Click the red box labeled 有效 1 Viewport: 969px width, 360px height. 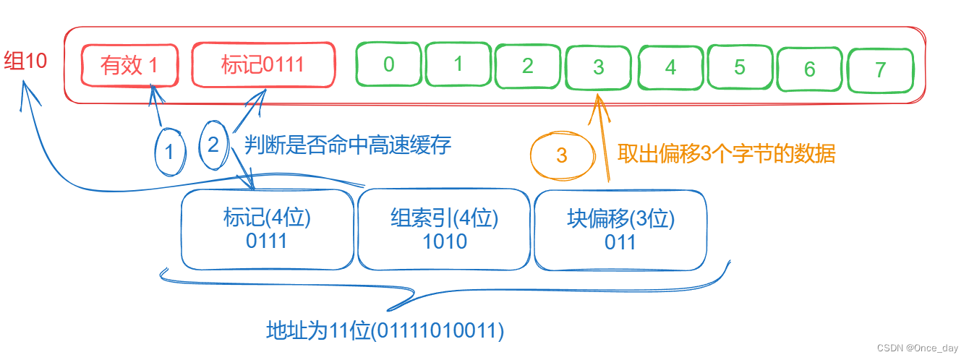point(130,66)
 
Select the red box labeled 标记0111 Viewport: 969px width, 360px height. point(263,65)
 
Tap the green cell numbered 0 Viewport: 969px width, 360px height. point(388,65)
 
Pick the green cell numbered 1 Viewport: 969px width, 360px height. point(458,64)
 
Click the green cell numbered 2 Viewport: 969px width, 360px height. point(527,67)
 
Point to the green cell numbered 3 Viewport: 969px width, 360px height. point(598,68)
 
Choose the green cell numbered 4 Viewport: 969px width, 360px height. point(670,68)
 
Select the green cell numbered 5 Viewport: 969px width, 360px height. point(739,68)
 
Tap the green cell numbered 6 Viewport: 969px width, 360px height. point(809,69)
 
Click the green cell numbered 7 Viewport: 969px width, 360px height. point(879,70)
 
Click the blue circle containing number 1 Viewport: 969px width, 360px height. point(170,153)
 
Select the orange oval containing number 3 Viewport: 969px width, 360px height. point(562,155)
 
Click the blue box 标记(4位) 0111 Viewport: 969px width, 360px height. point(267,229)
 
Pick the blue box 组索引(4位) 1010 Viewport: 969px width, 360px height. point(444,229)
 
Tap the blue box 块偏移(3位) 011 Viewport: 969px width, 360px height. point(620,229)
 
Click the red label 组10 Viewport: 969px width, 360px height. point(25,61)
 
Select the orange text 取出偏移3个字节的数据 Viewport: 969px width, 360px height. point(726,154)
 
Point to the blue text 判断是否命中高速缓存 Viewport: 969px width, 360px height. point(347,145)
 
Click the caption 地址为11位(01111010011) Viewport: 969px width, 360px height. point(385,331)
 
